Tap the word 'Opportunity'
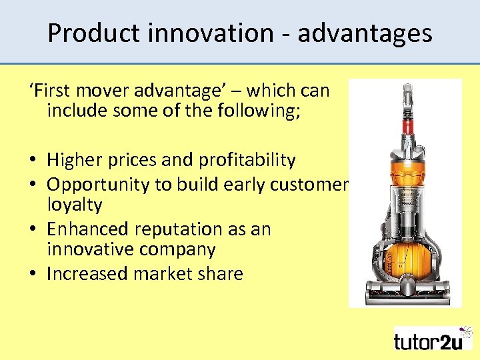click(99, 184)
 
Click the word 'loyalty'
click(74, 205)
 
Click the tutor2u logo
click(433, 339)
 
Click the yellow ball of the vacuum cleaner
click(405, 256)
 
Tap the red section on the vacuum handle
click(405, 124)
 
